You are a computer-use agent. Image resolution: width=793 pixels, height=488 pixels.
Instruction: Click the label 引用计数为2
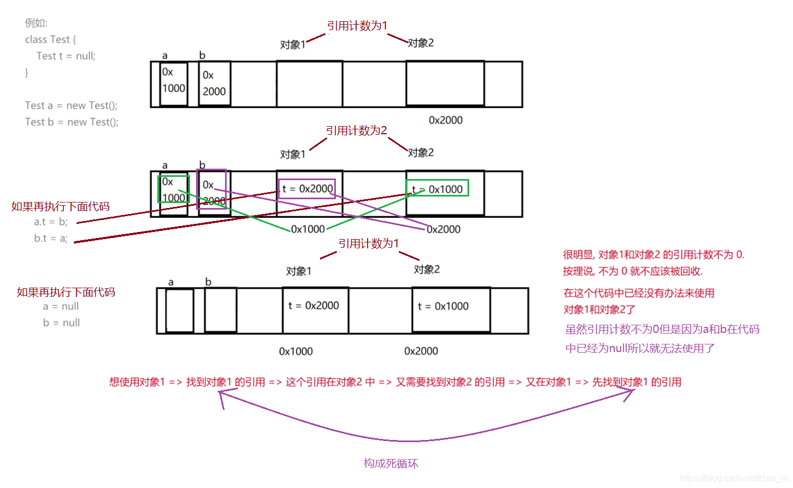[x=356, y=130]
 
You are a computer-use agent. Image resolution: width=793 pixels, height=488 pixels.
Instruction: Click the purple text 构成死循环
[x=390, y=463]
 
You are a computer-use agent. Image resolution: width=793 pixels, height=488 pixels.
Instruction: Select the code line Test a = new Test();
[x=71, y=105]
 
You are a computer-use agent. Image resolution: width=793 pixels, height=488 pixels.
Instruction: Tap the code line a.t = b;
[x=51, y=222]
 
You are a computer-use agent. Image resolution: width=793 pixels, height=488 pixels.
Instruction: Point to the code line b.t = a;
[x=51, y=238]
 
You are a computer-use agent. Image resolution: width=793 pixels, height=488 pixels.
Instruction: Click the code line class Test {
[x=50, y=39]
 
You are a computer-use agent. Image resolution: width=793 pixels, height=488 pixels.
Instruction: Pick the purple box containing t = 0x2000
[x=307, y=189]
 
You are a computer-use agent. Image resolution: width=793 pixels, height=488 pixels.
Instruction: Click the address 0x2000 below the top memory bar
[x=446, y=120]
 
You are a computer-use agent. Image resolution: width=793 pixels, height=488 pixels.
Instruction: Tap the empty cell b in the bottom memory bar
[x=221, y=310]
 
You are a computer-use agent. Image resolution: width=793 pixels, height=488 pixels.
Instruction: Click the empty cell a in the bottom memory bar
[x=180, y=310]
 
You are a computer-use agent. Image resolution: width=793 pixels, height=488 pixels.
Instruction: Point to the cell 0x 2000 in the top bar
[x=214, y=84]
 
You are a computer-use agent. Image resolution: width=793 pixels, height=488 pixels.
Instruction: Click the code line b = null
[x=61, y=323]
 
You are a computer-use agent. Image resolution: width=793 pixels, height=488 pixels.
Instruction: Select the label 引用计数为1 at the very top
[x=357, y=26]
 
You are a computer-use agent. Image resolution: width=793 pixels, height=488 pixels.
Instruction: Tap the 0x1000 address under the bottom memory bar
[x=295, y=351]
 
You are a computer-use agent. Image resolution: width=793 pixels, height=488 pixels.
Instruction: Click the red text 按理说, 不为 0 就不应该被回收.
[x=632, y=271]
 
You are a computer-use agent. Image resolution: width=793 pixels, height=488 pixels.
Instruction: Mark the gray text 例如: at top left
[x=36, y=23]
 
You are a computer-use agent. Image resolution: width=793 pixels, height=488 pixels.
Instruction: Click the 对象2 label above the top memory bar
[x=421, y=43]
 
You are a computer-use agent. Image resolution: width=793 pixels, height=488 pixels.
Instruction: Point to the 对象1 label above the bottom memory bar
[x=299, y=271]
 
